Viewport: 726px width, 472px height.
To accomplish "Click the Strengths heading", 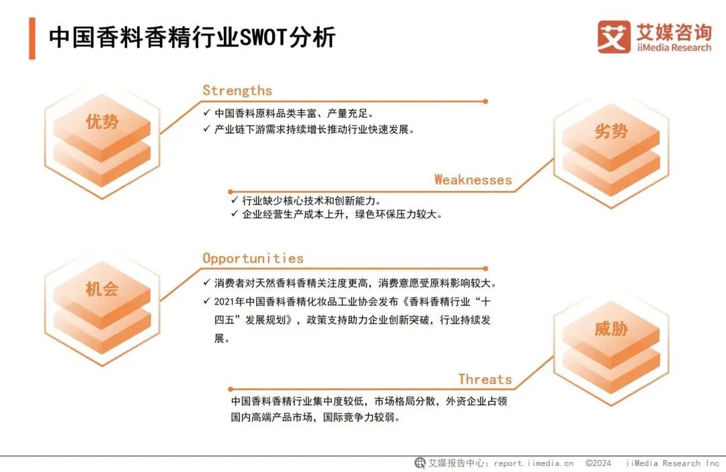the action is click(x=237, y=91).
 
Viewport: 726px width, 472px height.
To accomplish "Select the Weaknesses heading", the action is click(x=473, y=180).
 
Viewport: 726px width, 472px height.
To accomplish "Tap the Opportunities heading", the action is click(x=253, y=258).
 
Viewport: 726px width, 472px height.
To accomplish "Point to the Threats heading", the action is click(x=485, y=379).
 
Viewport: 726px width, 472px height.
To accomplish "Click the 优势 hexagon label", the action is click(x=102, y=122).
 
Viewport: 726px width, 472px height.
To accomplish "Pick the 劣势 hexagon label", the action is click(x=610, y=132).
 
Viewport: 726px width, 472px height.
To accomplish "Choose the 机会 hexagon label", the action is click(x=102, y=289).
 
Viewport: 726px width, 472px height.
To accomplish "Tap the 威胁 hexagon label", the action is click(x=610, y=329).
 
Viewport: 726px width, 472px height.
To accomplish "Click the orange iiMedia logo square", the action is click(x=614, y=37).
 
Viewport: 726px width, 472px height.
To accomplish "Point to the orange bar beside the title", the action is click(x=32, y=38).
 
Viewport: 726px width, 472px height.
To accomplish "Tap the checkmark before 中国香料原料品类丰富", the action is click(x=206, y=112).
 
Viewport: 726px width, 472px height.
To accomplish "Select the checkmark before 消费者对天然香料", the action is click(x=206, y=282).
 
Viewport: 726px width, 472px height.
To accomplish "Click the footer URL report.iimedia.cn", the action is click(x=534, y=463).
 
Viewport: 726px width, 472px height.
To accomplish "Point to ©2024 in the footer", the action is click(x=598, y=463).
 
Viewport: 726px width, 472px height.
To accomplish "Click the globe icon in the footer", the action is click(x=420, y=463).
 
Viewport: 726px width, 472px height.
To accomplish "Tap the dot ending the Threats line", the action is click(x=231, y=389).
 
